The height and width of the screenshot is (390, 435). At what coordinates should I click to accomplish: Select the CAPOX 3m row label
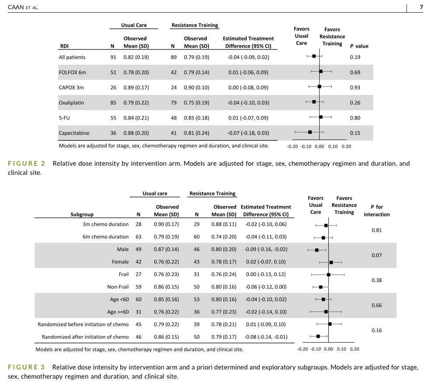71,87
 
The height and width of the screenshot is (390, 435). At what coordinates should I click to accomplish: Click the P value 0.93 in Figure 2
355,87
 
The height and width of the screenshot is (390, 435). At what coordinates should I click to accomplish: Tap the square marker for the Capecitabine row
310,132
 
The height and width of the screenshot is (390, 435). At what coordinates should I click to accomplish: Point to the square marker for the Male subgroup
317,250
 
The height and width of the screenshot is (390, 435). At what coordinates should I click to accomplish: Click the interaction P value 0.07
376,255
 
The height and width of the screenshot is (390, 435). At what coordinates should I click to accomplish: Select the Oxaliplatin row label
72,103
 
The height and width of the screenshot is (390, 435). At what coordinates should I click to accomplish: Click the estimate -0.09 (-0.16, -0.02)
267,250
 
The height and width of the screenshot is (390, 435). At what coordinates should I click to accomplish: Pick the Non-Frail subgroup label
118,287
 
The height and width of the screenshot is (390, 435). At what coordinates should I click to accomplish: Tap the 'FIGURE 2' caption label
26,164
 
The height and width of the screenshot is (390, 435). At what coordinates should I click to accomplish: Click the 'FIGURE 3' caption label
26,367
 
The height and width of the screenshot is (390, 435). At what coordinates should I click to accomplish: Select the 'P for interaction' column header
376,211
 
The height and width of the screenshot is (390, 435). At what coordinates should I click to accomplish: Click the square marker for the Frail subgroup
328,275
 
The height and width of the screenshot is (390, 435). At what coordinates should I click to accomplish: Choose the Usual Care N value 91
113,57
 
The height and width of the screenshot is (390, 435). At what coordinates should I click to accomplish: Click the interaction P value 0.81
376,230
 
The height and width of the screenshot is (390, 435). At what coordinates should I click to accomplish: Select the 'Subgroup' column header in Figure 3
82,214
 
